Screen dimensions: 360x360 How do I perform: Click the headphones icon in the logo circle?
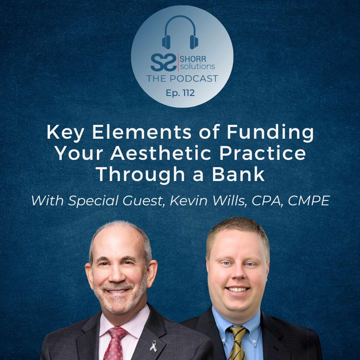180,33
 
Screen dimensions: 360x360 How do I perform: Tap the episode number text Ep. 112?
180,93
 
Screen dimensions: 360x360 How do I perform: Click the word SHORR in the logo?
193,59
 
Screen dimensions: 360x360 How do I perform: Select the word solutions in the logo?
197,66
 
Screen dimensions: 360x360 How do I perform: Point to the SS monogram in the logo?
164,62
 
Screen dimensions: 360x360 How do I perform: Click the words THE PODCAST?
182,78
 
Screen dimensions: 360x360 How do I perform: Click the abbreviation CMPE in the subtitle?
309,201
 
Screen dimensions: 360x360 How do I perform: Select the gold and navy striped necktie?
237,343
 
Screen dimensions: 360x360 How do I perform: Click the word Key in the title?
65,133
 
